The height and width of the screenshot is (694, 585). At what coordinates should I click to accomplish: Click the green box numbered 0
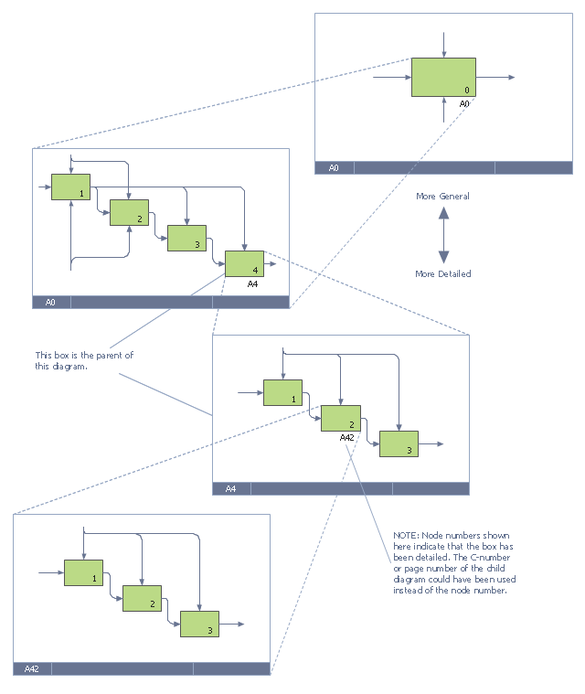[x=443, y=77]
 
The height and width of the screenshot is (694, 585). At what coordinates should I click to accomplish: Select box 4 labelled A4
[x=244, y=263]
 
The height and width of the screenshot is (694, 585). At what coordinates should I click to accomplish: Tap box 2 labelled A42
[x=341, y=418]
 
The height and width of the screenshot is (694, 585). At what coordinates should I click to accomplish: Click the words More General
[x=442, y=196]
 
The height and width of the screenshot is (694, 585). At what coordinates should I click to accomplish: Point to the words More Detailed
[x=443, y=274]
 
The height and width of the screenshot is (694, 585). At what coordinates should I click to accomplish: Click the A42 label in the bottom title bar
[x=31, y=668]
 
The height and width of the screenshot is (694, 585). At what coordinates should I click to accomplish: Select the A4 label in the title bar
[x=230, y=488]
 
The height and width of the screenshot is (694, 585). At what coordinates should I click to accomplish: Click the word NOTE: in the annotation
[x=406, y=536]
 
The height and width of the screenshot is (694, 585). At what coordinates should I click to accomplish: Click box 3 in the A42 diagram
[x=199, y=625]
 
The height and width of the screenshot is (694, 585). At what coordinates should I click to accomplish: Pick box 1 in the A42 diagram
[x=83, y=572]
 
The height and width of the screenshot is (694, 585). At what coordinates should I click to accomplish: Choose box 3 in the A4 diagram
[x=399, y=444]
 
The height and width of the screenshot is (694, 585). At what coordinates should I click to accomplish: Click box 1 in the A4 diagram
[x=282, y=392]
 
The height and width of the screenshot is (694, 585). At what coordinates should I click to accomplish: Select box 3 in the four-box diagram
[x=186, y=238]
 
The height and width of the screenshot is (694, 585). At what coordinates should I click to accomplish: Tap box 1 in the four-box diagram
[x=70, y=187]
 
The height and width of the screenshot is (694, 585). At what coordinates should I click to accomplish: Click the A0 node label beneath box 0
[x=464, y=103]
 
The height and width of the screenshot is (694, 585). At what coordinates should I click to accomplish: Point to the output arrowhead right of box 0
[x=512, y=77]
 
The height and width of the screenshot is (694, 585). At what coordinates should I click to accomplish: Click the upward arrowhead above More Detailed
[x=444, y=213]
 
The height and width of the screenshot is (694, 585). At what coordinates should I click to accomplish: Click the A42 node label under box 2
[x=347, y=438]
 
